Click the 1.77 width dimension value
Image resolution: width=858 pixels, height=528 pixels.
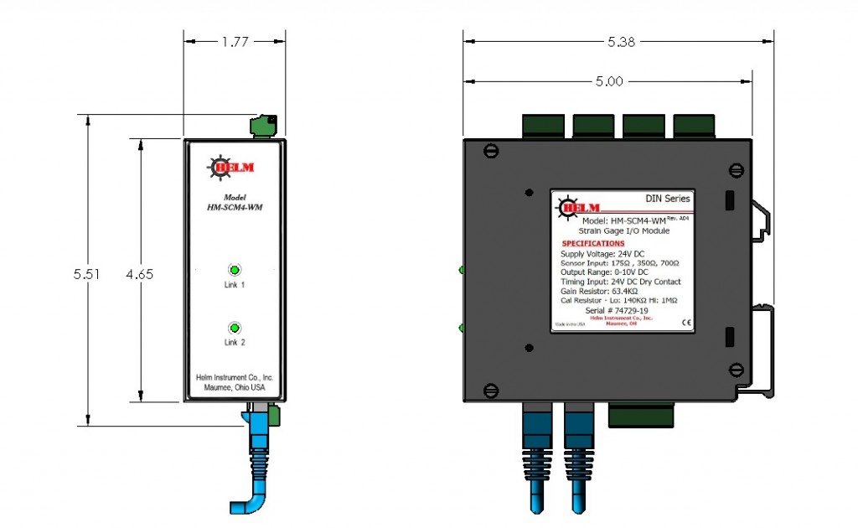tap(235, 40)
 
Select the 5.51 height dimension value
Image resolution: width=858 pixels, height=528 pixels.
tap(86, 274)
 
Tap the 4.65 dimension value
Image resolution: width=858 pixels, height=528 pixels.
tap(140, 274)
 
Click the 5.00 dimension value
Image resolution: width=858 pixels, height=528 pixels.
tap(609, 81)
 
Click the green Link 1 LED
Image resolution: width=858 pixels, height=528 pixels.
tap(235, 270)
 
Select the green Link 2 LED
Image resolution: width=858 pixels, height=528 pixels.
tap(235, 328)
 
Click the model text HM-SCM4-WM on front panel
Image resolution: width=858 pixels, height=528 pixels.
tap(235, 207)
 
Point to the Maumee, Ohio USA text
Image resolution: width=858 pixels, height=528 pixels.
tap(235, 388)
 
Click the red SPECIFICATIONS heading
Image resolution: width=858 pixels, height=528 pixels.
tap(593, 243)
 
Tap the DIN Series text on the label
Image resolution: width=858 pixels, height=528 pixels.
tap(668, 199)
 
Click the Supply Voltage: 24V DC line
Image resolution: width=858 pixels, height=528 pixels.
tap(602, 253)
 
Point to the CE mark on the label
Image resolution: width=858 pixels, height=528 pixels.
tap(685, 322)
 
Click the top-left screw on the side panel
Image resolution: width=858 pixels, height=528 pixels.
tap(493, 152)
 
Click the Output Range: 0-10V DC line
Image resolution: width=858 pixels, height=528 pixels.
tap(604, 272)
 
